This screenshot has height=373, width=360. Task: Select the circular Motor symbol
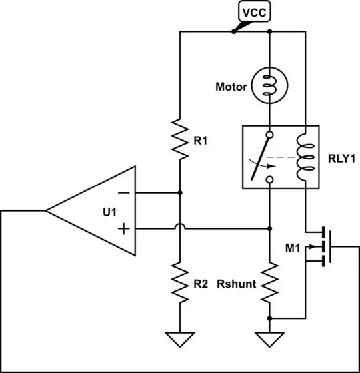tap(269, 87)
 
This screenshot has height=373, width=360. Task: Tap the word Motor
tap(231, 87)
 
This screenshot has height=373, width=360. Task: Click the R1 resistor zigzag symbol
tap(180, 141)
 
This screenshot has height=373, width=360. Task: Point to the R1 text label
tap(201, 141)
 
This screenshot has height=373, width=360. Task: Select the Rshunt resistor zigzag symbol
tap(269, 284)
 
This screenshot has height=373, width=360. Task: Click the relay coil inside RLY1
tap(305, 157)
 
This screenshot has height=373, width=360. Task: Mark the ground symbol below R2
tap(180, 340)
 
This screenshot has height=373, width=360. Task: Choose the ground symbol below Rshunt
tap(269, 340)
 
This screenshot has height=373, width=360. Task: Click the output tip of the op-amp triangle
tap(47, 211)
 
